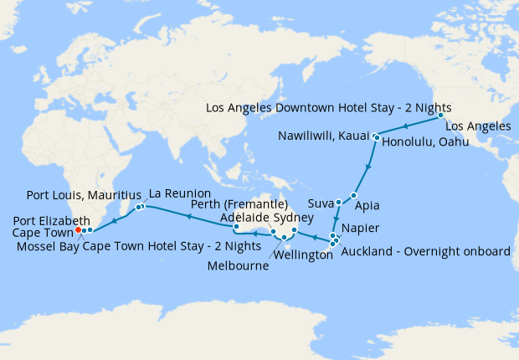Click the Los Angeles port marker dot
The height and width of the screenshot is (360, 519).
point(439,118)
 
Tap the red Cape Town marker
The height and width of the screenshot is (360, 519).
point(77,229)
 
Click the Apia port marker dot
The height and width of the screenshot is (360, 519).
point(354,195)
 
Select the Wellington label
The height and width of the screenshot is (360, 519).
point(299,255)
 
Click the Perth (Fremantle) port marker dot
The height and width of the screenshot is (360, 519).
point(236,226)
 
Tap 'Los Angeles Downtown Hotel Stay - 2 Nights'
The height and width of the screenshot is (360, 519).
point(328,108)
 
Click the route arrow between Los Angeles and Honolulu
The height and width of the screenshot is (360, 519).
point(406,126)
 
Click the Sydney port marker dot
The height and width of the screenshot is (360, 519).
point(295,229)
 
